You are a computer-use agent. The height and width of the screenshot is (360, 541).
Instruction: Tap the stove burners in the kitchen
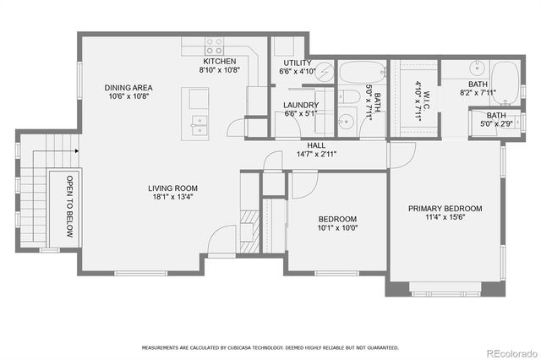[215, 45]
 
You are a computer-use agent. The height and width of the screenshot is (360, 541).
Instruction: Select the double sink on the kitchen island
[199, 125]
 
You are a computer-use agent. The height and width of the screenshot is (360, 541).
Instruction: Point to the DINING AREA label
[129, 87]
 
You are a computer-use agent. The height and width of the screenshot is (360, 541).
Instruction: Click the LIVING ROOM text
[172, 188]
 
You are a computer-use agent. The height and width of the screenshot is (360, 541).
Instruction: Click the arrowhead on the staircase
[76, 150]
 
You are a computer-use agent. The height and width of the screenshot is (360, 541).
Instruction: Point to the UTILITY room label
[297, 63]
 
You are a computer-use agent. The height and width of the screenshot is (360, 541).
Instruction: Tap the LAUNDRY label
[302, 105]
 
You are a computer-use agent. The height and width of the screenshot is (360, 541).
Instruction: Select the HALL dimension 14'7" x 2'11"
[316, 155]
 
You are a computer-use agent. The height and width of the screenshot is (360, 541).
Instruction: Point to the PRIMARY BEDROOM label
[445, 208]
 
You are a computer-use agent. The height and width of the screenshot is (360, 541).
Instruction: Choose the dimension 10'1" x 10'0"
[336, 227]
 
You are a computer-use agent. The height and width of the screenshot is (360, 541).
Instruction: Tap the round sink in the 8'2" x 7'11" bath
[479, 68]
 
